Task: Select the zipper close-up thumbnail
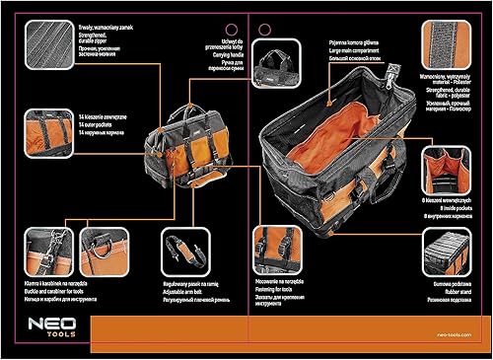49,45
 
